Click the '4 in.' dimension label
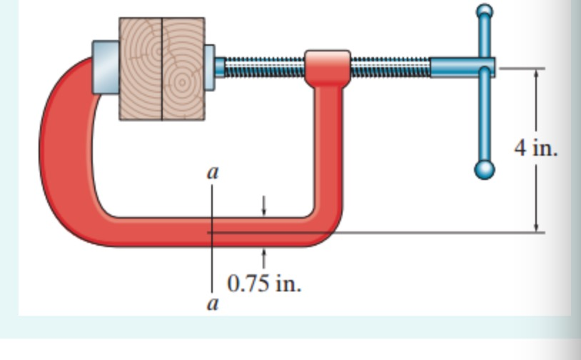click(x=535, y=149)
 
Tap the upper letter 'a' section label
click(x=212, y=172)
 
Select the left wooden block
click(x=141, y=68)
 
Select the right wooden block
click(x=183, y=68)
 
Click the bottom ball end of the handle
click(x=485, y=169)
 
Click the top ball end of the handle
click(x=485, y=11)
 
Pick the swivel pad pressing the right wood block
click(x=210, y=68)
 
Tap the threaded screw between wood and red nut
click(x=264, y=67)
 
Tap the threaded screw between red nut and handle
click(x=390, y=67)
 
